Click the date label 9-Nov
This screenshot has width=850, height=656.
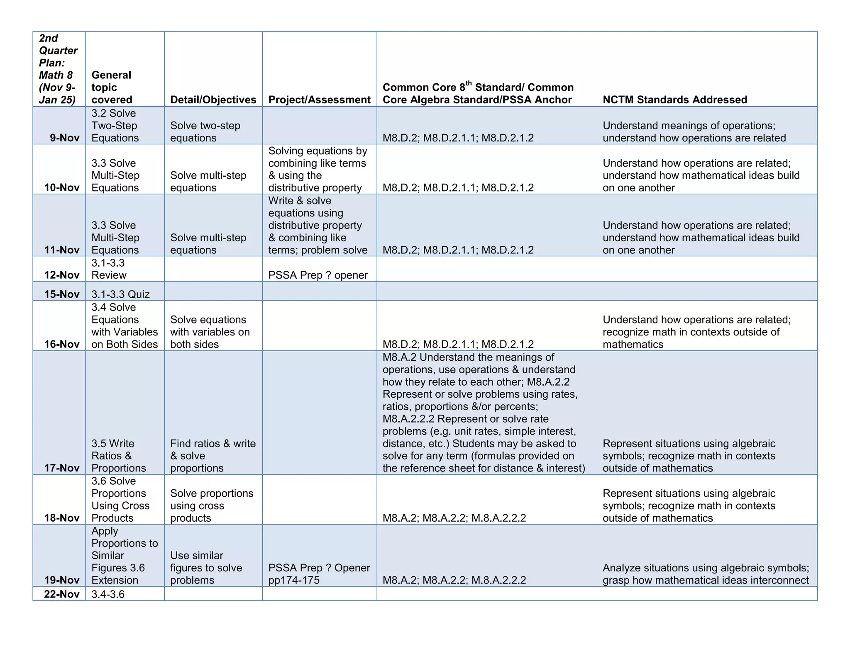click(64, 138)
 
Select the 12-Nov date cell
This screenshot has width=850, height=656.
click(61, 275)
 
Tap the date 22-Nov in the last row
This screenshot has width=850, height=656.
click(61, 594)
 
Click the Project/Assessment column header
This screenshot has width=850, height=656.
click(319, 100)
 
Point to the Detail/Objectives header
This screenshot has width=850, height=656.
click(213, 100)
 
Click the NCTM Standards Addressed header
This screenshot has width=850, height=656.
click(674, 100)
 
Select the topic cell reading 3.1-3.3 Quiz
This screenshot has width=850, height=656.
click(120, 294)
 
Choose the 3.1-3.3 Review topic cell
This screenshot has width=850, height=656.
click(109, 269)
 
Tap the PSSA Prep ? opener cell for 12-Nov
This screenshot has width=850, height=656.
click(318, 275)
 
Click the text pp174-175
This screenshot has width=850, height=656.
click(294, 580)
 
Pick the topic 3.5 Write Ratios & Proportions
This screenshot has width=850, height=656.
click(118, 455)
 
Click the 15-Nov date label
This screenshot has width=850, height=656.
click(61, 294)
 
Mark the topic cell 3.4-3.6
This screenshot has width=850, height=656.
click(108, 594)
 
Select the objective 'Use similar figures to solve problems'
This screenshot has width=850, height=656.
click(206, 567)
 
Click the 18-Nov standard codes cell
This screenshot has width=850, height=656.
click(454, 518)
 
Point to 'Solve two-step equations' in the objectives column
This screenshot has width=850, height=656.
click(205, 131)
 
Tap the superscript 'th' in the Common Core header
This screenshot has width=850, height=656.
click(469, 83)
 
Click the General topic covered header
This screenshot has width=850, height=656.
click(111, 87)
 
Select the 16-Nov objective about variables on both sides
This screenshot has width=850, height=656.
click(210, 332)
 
